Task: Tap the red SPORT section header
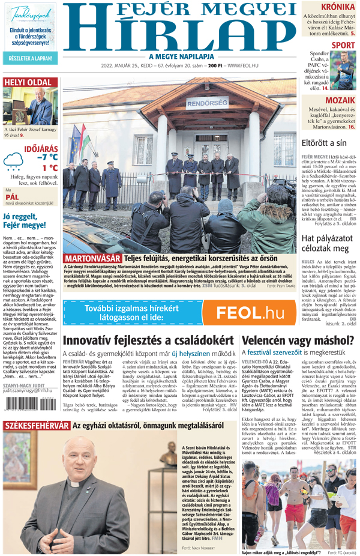[343, 45]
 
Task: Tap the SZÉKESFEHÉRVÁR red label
[36, 443]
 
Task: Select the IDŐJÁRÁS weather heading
[41, 147]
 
